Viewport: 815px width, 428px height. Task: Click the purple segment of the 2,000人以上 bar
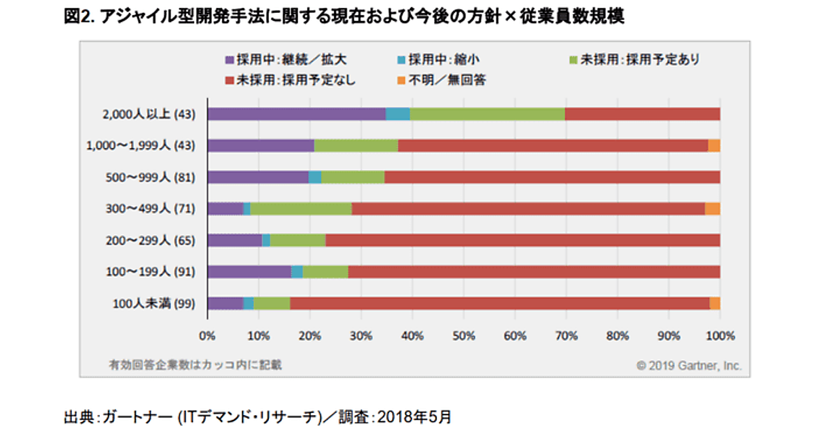(296, 113)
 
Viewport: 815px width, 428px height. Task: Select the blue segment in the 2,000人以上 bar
(397, 113)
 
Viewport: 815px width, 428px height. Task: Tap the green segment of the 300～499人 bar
(301, 209)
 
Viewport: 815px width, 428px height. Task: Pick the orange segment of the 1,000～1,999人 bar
(714, 145)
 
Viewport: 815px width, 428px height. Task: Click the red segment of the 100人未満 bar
(499, 303)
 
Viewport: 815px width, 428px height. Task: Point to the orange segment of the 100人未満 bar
(714, 303)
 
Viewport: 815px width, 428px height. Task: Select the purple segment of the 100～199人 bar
(249, 272)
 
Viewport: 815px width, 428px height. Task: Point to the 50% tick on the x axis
(464, 334)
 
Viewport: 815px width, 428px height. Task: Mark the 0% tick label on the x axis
(207, 334)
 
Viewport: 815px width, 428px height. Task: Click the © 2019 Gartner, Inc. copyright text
(689, 365)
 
